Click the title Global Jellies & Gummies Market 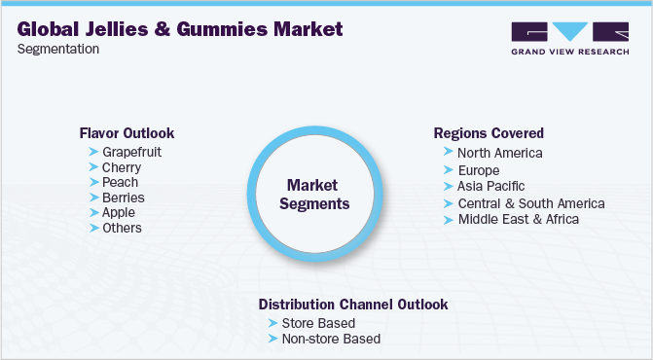(180, 30)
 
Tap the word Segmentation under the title (58, 50)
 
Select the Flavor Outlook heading (127, 133)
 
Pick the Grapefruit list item (131, 153)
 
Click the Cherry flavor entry (121, 167)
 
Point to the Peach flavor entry (120, 182)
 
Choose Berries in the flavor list (123, 198)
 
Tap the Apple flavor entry (119, 212)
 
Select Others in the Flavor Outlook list (122, 228)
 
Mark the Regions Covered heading (490, 133)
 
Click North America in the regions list (499, 153)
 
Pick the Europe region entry (478, 169)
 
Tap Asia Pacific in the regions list (490, 186)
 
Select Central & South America (530, 203)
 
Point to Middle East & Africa (518, 219)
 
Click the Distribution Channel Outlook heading (353, 305)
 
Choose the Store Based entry (317, 323)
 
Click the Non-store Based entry (330, 339)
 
